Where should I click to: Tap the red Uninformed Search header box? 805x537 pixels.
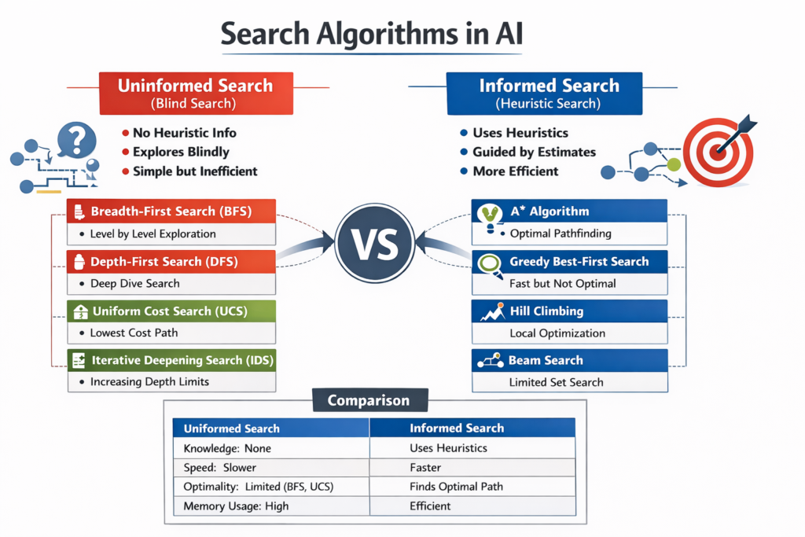(x=195, y=93)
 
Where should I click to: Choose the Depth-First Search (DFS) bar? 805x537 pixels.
(x=171, y=262)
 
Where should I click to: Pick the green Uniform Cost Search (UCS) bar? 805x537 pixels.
(x=171, y=311)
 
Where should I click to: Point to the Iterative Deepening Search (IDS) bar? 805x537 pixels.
(x=171, y=360)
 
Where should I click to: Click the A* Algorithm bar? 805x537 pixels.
(x=569, y=211)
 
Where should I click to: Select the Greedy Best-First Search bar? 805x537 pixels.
(x=569, y=262)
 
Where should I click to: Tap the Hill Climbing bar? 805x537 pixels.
(x=569, y=311)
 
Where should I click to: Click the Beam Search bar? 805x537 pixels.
(x=569, y=360)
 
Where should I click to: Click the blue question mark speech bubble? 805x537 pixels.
(x=76, y=139)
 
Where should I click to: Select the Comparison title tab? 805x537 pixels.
(x=369, y=400)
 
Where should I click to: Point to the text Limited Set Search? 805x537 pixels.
(x=557, y=382)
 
